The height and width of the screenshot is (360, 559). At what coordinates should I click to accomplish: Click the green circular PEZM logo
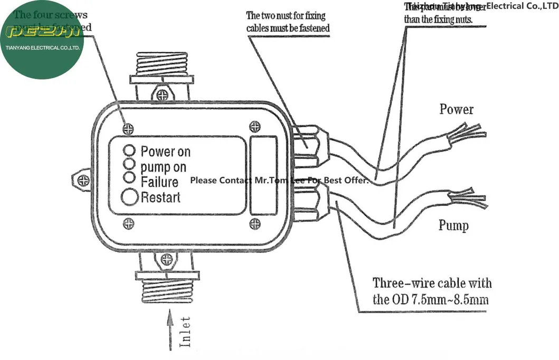pyautogui.click(x=42, y=40)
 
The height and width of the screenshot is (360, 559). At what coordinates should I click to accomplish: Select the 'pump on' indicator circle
pyautogui.click(x=129, y=163)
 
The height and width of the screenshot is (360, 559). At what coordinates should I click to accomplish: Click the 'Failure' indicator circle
pyautogui.click(x=129, y=177)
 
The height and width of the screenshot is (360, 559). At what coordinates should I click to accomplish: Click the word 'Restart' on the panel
pyautogui.click(x=160, y=197)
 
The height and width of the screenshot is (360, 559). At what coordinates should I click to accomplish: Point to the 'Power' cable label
pyautogui.click(x=457, y=110)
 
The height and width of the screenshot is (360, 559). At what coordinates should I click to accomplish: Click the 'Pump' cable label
pyautogui.click(x=453, y=226)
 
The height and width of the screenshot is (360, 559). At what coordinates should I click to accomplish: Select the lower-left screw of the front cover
pyautogui.click(x=128, y=224)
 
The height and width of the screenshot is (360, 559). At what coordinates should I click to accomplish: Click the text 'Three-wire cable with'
pyautogui.click(x=432, y=283)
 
